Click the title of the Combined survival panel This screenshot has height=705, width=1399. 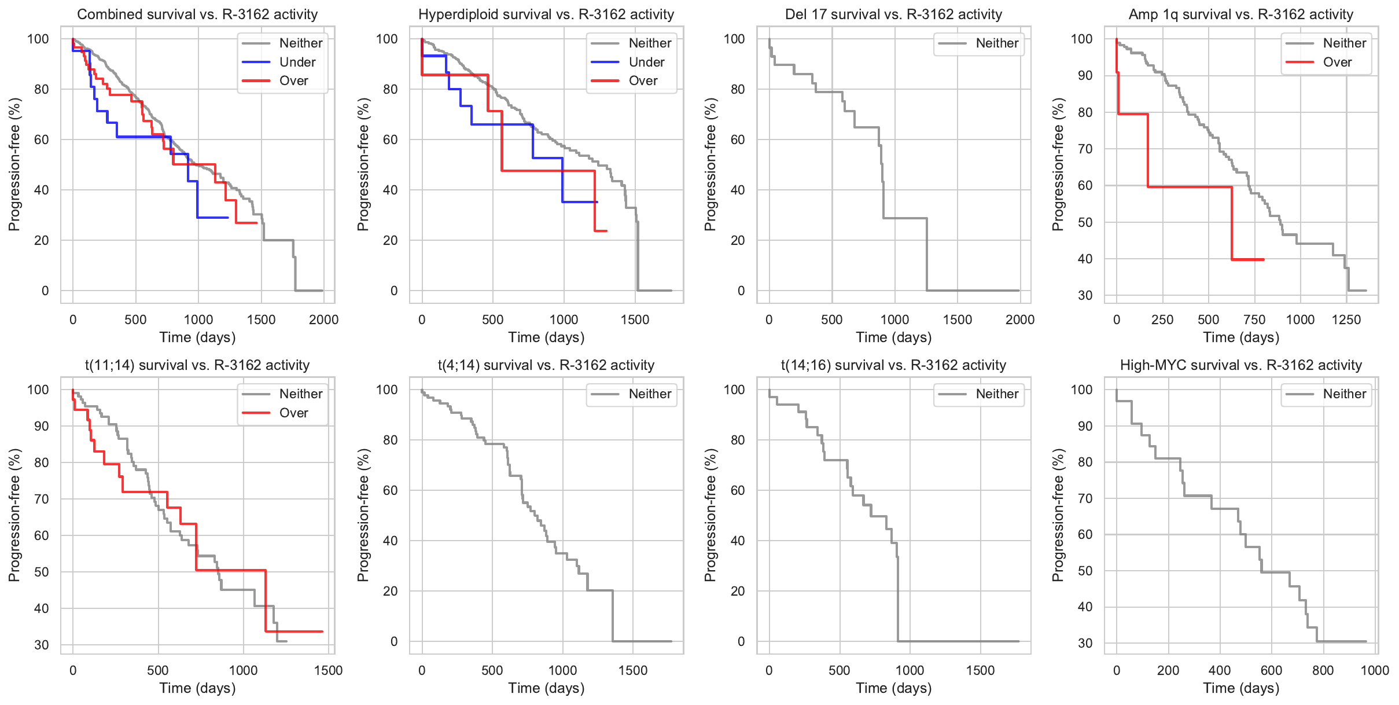(x=197, y=14)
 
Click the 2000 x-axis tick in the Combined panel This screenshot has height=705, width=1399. (x=323, y=320)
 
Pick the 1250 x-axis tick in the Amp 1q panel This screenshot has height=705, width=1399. (x=1346, y=320)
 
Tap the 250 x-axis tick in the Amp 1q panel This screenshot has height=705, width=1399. (x=1162, y=320)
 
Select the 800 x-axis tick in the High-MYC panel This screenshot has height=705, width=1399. (x=1323, y=670)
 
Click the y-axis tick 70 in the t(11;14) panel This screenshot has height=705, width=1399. (x=41, y=499)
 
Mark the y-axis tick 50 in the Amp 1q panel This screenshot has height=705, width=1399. (x=1084, y=222)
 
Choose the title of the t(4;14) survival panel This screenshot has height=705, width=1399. (x=546, y=365)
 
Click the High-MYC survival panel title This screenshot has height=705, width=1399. (x=1240, y=365)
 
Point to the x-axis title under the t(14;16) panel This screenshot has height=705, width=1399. (x=893, y=688)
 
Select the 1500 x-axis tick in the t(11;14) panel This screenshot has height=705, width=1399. (x=328, y=670)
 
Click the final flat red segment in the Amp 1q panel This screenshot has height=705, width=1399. (x=1247, y=259)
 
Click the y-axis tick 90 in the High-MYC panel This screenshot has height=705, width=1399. (x=1084, y=426)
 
